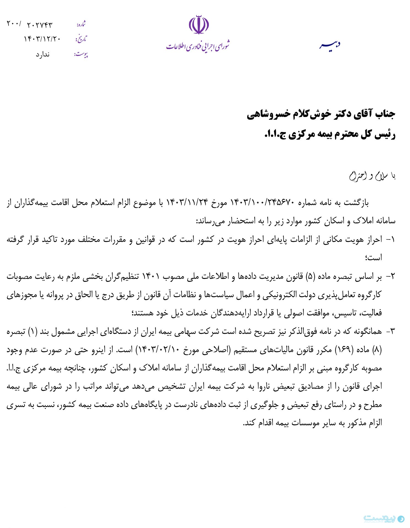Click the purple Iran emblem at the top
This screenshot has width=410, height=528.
tap(199, 25)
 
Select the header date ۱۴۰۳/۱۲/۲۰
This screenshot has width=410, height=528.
tap(42, 39)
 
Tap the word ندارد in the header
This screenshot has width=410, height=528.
tap(42, 54)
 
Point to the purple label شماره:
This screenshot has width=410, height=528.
tap(81, 24)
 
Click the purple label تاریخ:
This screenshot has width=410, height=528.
tap(81, 39)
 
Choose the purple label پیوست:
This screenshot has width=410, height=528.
tap(81, 54)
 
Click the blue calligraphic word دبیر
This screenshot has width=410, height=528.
tap(330, 45)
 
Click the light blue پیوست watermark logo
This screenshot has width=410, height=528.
tap(384, 518)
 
